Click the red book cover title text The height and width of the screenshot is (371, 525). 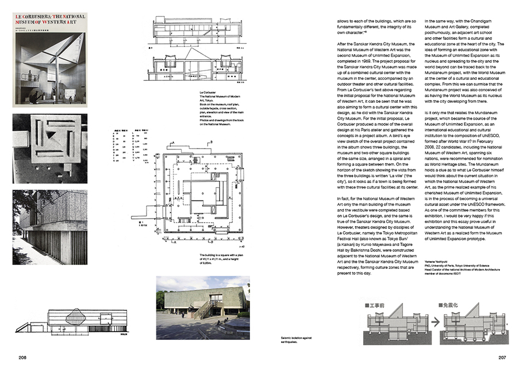tap(49, 25)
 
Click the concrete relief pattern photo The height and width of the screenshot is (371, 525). tap(49, 147)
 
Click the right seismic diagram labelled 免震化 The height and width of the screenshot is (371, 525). tap(465, 325)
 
